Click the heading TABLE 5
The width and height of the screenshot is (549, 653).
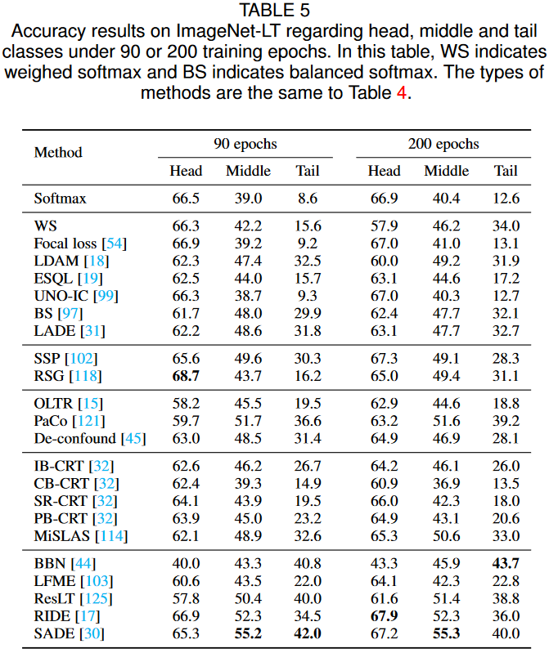274,11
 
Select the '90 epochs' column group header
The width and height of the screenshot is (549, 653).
245,145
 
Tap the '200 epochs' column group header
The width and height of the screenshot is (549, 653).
443,145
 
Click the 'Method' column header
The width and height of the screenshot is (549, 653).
58,152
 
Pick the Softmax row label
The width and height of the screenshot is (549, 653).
60,198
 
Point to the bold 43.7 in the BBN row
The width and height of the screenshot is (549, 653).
506,564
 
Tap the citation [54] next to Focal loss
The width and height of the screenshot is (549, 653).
114,244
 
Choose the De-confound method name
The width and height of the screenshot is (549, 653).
75,438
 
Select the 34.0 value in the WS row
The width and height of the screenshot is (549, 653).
506,226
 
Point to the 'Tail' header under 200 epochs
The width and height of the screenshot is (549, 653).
506,171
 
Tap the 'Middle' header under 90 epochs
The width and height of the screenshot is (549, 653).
248,171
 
